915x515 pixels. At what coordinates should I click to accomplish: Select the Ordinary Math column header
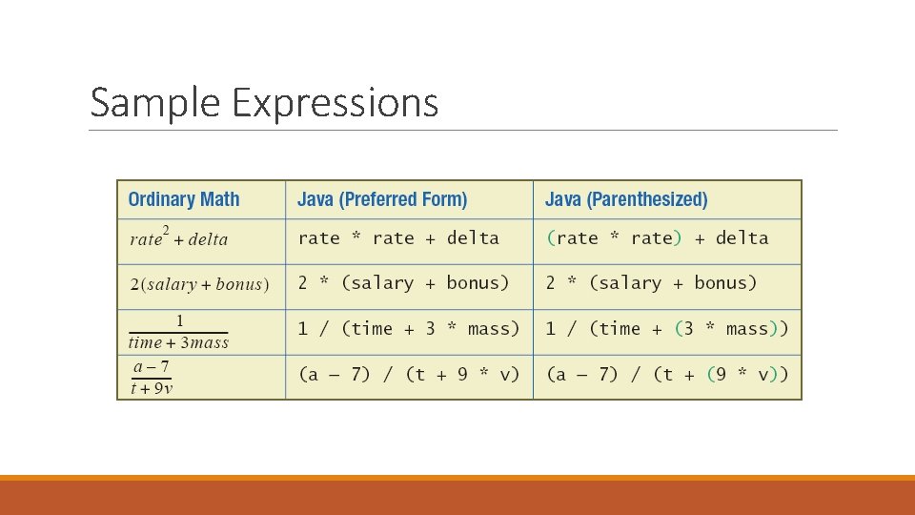click(184, 199)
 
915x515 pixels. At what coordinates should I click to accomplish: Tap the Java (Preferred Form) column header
click(382, 199)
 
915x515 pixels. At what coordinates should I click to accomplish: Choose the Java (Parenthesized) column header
click(626, 199)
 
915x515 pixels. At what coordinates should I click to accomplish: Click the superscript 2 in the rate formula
click(166, 230)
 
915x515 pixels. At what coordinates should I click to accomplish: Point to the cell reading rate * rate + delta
click(398, 238)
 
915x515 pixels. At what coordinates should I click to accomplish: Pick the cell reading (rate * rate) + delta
click(657, 238)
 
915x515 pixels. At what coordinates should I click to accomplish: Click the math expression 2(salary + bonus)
click(199, 284)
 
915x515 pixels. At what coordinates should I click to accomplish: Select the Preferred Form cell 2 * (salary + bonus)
click(403, 283)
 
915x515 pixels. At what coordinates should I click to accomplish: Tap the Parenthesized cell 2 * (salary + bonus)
click(651, 283)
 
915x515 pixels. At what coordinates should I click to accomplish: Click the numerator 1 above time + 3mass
click(179, 321)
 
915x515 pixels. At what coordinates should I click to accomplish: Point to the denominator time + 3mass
click(179, 343)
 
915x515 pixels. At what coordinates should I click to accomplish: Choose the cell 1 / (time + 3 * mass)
click(408, 329)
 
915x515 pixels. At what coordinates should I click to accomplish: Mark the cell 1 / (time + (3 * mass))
click(666, 329)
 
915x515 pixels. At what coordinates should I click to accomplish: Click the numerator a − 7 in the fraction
click(152, 367)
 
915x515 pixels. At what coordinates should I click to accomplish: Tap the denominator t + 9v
click(152, 388)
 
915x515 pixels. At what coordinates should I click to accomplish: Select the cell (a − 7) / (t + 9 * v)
click(408, 375)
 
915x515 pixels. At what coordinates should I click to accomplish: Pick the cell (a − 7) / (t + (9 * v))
click(666, 375)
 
